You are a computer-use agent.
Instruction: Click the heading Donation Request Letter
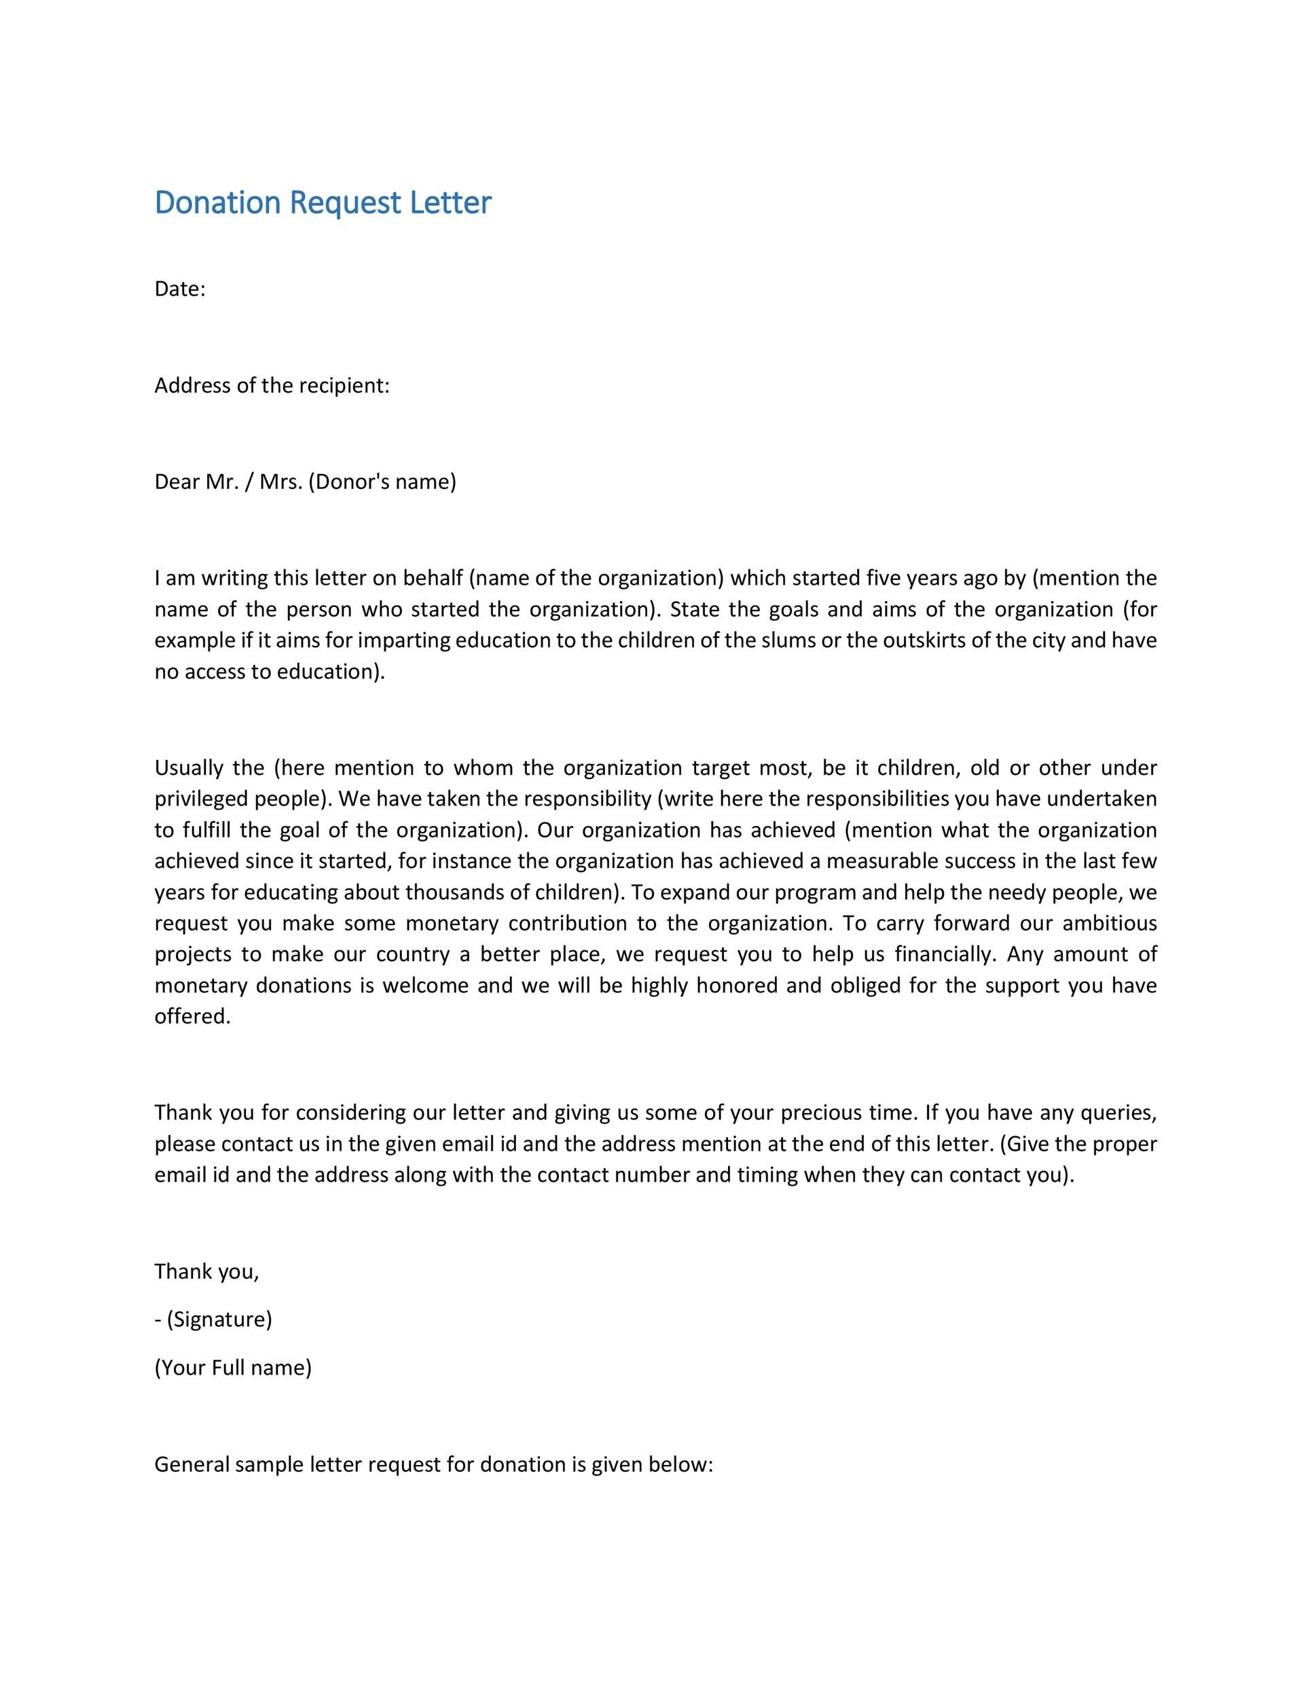click(x=323, y=203)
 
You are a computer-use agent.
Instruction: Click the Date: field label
click(x=179, y=289)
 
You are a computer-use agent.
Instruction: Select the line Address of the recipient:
click(x=271, y=386)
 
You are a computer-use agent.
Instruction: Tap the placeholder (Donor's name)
click(x=382, y=482)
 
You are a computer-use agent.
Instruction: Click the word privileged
click(x=204, y=799)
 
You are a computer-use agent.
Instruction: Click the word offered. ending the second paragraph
click(x=192, y=1016)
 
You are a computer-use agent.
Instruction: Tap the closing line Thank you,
click(x=206, y=1271)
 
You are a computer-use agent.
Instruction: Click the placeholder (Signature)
click(x=219, y=1320)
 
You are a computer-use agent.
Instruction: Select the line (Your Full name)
click(x=232, y=1368)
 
